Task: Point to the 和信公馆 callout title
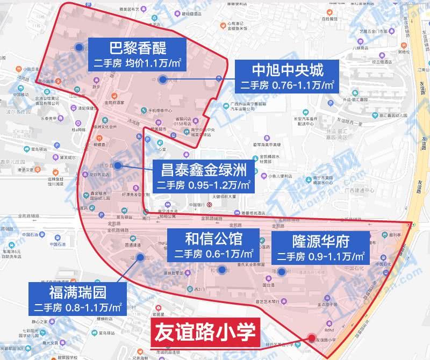[213, 239]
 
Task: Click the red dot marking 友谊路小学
[311, 338]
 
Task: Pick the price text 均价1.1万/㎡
[153, 63]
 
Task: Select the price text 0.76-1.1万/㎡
[304, 86]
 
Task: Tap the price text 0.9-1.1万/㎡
[337, 256]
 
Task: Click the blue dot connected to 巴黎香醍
[79, 47]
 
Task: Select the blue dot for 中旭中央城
[162, 80]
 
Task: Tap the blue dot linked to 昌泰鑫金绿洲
[116, 164]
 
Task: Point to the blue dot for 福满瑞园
[131, 258]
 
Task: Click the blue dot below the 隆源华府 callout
[281, 271]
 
